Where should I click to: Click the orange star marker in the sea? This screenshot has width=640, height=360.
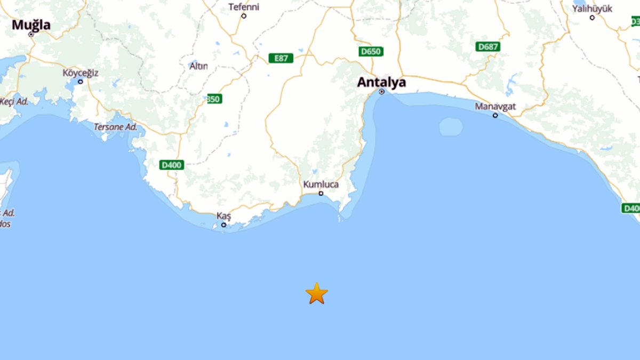pyautogui.click(x=317, y=293)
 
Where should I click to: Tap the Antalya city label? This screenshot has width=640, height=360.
pyautogui.click(x=381, y=83)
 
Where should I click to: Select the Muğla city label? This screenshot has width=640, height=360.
pyautogui.click(x=31, y=25)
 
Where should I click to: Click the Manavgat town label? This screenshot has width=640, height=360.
pyautogui.click(x=495, y=106)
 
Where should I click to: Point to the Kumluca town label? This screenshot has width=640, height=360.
pyautogui.click(x=321, y=184)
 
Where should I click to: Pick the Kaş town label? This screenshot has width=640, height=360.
pyautogui.click(x=224, y=215)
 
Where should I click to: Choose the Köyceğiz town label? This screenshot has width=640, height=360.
pyautogui.click(x=81, y=73)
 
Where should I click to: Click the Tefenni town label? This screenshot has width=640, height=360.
pyautogui.click(x=244, y=7)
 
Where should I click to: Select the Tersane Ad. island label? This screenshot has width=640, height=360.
pyautogui.click(x=115, y=127)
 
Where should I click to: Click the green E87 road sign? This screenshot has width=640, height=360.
pyautogui.click(x=281, y=58)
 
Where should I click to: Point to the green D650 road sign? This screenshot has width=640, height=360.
pyautogui.click(x=371, y=52)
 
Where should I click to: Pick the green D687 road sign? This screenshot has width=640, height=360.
pyautogui.click(x=488, y=47)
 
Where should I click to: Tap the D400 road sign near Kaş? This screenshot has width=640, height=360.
pyautogui.click(x=172, y=165)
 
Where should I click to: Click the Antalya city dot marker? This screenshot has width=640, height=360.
pyautogui.click(x=381, y=92)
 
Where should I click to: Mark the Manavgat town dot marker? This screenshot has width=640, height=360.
pyautogui.click(x=495, y=115)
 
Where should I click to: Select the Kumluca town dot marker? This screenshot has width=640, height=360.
pyautogui.click(x=321, y=193)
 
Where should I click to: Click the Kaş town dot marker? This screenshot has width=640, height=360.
pyautogui.click(x=224, y=225)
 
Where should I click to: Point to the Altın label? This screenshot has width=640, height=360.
pyautogui.click(x=198, y=66)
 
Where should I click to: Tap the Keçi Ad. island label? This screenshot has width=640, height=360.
pyautogui.click(x=14, y=101)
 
